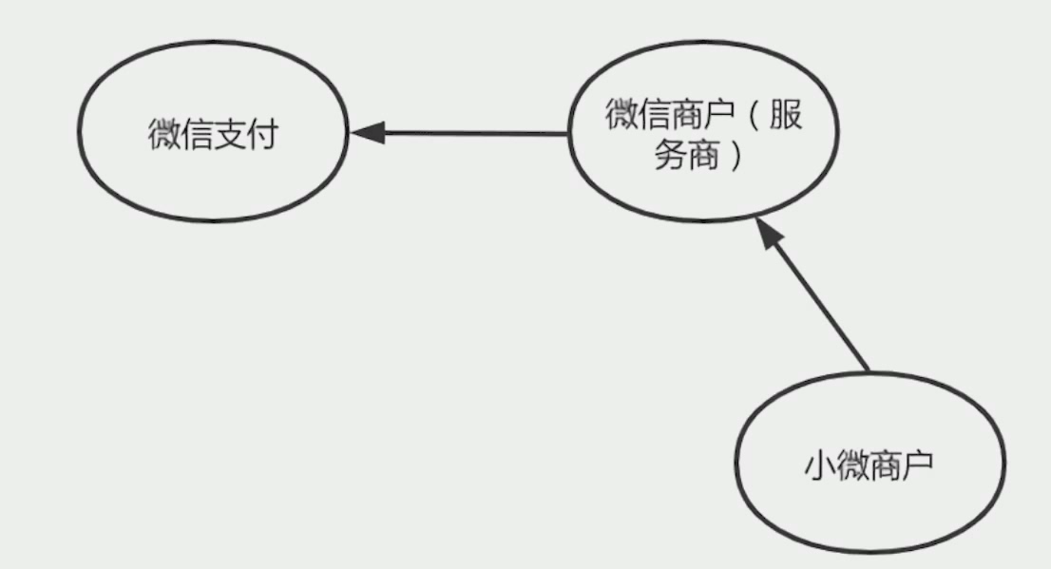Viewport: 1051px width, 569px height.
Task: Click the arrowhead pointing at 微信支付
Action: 367,133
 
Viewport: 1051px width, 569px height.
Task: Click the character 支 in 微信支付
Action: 229,134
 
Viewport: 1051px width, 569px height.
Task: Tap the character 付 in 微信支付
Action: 261,134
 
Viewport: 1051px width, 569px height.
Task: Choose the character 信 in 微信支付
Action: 196,134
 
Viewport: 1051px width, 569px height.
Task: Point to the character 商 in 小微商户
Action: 886,465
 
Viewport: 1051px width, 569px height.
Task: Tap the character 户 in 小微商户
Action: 918,465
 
